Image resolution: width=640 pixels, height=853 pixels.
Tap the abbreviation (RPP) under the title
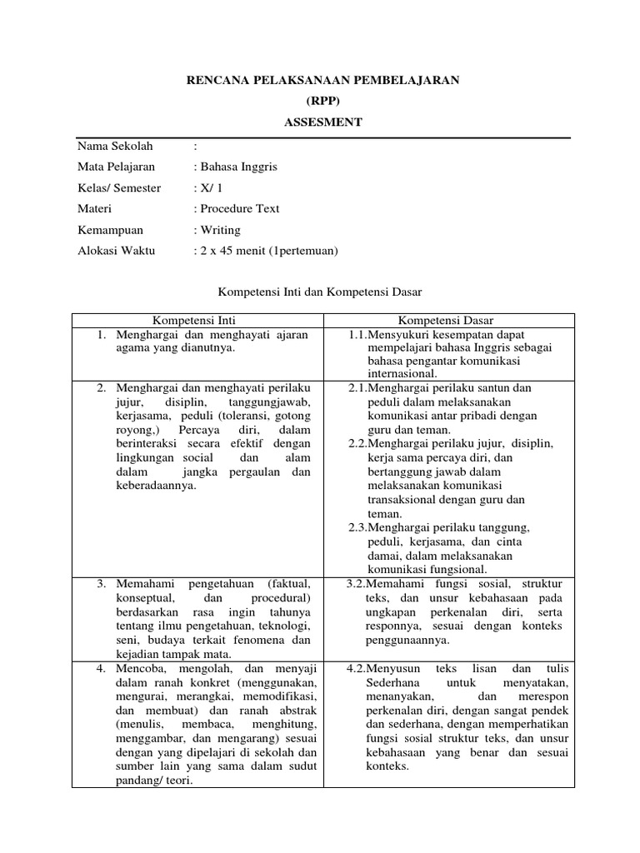pyautogui.click(x=322, y=101)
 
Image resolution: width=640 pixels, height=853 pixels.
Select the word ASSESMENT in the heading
pyautogui.click(x=322, y=122)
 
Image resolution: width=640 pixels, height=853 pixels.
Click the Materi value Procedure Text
pyautogui.click(x=238, y=208)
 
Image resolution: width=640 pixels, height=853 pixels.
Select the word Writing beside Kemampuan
pyautogui.click(x=219, y=229)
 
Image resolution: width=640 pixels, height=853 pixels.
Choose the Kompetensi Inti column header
pyautogui.click(x=197, y=320)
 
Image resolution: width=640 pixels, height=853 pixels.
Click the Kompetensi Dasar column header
pyautogui.click(x=445, y=320)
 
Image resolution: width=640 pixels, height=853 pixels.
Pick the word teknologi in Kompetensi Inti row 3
pyautogui.click(x=278, y=626)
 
